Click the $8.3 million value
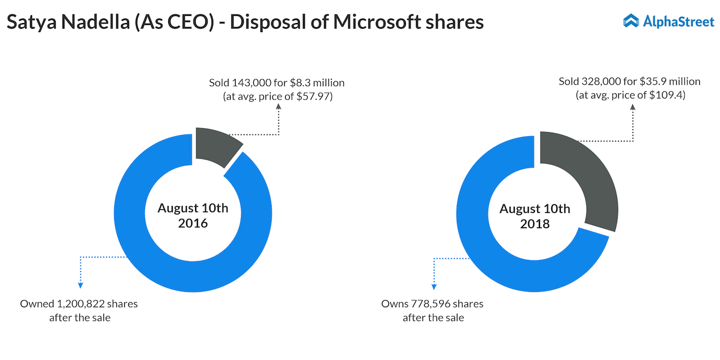pyautogui.click(x=319, y=83)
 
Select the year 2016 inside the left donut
pyautogui.click(x=193, y=223)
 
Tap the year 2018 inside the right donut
pyautogui.click(x=535, y=224)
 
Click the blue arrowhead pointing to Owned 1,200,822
pyautogui.click(x=80, y=286)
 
